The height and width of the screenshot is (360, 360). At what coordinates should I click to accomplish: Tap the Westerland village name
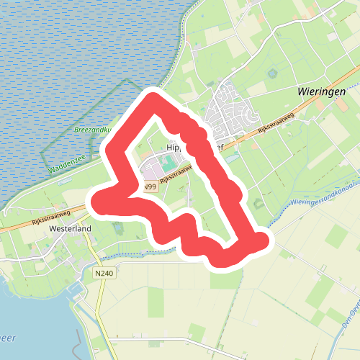[71, 229]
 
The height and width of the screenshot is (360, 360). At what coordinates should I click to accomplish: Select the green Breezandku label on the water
[93, 130]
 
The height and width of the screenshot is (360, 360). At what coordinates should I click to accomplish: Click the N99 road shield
[149, 187]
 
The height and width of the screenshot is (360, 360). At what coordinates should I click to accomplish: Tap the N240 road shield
[104, 274]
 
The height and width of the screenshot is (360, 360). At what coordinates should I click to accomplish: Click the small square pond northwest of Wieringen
[273, 73]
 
